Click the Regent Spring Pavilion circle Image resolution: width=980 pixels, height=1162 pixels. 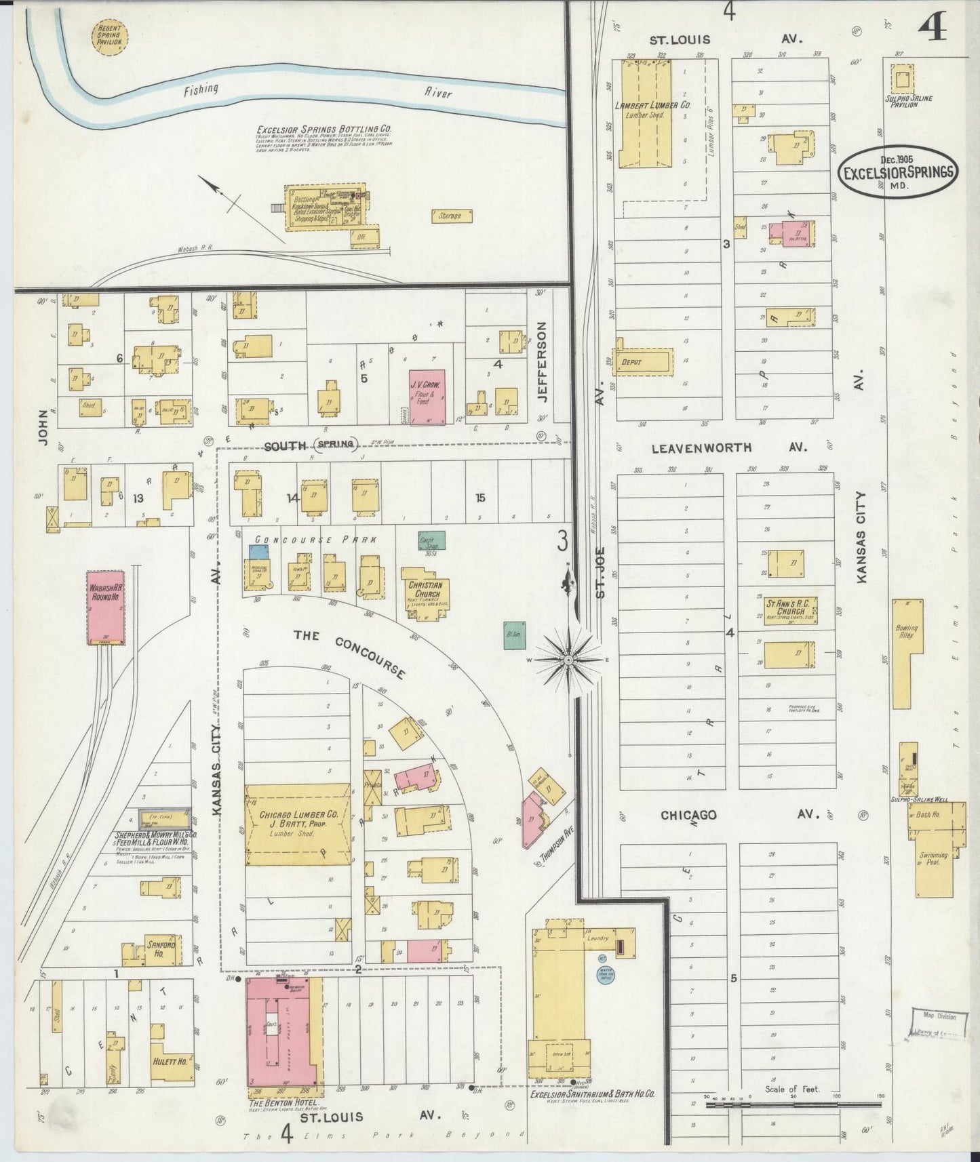point(109,38)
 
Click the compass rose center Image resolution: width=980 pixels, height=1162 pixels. point(569,659)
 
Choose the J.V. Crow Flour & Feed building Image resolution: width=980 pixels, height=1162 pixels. point(427,397)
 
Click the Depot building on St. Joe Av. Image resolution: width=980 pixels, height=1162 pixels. point(644,363)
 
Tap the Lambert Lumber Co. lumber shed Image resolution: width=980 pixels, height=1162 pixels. point(642,112)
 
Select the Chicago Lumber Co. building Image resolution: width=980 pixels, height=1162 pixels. point(297,824)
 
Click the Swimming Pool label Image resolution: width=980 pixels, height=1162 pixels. point(933,859)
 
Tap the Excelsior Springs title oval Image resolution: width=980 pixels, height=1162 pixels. point(899,172)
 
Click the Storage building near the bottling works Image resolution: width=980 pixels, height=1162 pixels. point(452,216)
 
